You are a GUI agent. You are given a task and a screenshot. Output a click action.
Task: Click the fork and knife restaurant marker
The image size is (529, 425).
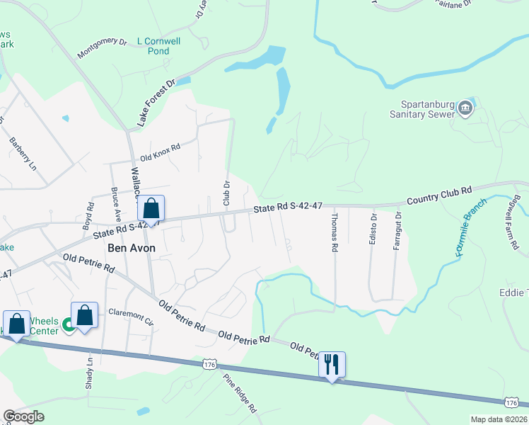[x=332, y=365]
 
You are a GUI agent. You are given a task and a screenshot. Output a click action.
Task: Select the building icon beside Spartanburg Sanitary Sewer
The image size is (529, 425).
[x=465, y=108]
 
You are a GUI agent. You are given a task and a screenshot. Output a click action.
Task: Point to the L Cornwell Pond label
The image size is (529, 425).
[x=159, y=46]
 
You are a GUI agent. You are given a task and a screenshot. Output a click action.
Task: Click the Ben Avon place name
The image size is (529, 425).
[x=131, y=248]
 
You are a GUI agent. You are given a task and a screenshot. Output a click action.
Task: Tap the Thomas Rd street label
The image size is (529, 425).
[x=335, y=233]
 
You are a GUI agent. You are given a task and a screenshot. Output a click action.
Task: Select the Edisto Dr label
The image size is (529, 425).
[x=372, y=229]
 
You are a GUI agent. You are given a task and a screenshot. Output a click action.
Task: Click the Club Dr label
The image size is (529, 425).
[x=227, y=193]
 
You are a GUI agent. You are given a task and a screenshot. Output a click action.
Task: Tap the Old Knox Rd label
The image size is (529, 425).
[x=161, y=152]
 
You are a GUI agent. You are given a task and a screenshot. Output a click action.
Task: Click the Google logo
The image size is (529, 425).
[x=23, y=416]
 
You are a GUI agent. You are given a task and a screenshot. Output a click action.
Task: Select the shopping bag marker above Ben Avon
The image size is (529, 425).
[x=151, y=209]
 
